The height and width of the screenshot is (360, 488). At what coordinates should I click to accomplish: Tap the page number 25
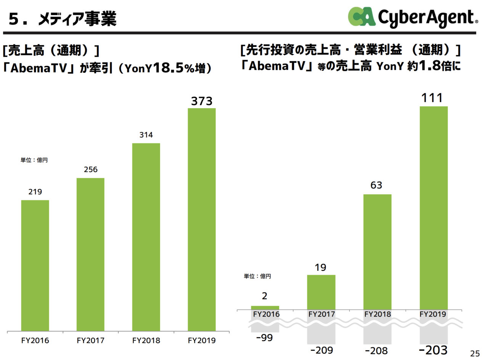point(475,353)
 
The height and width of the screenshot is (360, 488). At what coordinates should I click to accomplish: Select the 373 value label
point(202,101)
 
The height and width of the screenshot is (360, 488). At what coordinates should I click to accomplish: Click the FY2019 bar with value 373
point(202,219)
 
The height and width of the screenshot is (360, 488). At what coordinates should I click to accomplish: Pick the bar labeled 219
point(35,265)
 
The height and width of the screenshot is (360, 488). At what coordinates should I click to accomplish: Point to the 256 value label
point(90,170)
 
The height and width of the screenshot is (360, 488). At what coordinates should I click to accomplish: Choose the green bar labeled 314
point(146,237)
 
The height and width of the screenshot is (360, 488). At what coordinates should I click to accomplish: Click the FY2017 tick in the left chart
point(90,340)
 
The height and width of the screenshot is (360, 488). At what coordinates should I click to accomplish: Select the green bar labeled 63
point(377,251)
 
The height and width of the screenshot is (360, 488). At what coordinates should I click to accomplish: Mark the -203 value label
point(433,350)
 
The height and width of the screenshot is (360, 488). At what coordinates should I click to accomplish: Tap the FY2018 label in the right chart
point(377,315)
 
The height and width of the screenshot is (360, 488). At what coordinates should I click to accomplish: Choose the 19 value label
point(321,267)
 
